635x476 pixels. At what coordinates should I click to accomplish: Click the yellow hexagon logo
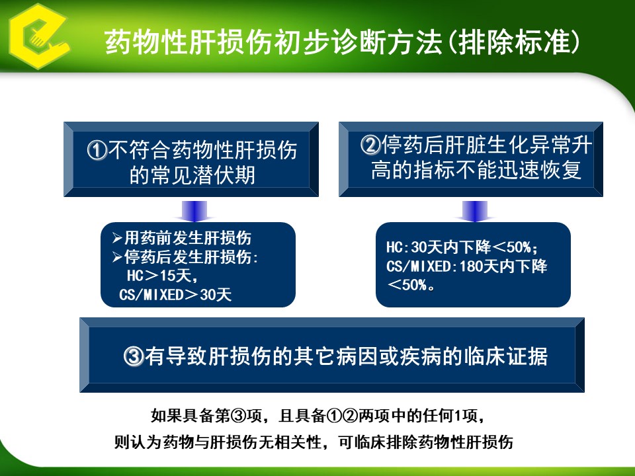coord(38,36)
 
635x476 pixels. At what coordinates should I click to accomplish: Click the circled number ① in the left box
coord(97,151)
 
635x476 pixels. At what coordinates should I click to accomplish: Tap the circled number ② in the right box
coord(370,145)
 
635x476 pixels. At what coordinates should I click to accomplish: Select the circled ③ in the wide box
coord(134,356)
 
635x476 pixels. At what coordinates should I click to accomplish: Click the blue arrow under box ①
coord(194,211)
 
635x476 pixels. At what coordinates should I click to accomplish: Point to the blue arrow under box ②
coord(475,211)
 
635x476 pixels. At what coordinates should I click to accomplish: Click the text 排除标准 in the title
coord(515,42)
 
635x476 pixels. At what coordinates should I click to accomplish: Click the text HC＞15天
coord(159,276)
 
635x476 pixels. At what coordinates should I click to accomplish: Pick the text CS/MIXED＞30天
coord(175,295)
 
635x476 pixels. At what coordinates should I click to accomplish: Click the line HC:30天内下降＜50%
coord(462,247)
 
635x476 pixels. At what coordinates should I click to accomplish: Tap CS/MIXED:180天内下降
coord(466,266)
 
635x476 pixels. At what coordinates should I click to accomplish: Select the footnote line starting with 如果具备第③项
coord(318,416)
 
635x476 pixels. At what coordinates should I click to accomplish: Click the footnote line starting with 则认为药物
coord(314,442)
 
